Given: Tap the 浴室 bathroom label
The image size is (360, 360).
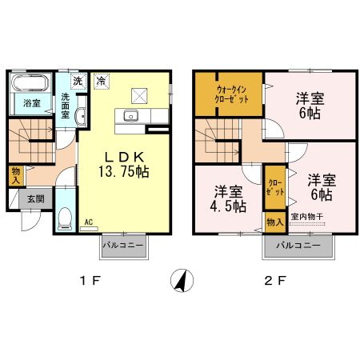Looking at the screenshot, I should click(x=31, y=103).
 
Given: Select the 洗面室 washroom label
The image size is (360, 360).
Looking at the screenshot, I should click(x=68, y=105).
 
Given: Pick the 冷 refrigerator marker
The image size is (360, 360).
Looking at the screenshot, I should click(x=102, y=80).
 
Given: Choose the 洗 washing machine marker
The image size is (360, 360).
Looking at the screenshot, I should click(x=78, y=80).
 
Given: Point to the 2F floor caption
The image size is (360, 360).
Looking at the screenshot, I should click(x=274, y=282).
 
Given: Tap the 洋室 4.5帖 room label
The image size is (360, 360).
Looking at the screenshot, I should click(x=228, y=198).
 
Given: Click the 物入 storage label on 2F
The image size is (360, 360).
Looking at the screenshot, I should click(x=274, y=220).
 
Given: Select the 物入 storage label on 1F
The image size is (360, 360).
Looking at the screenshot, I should click(x=16, y=175).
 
